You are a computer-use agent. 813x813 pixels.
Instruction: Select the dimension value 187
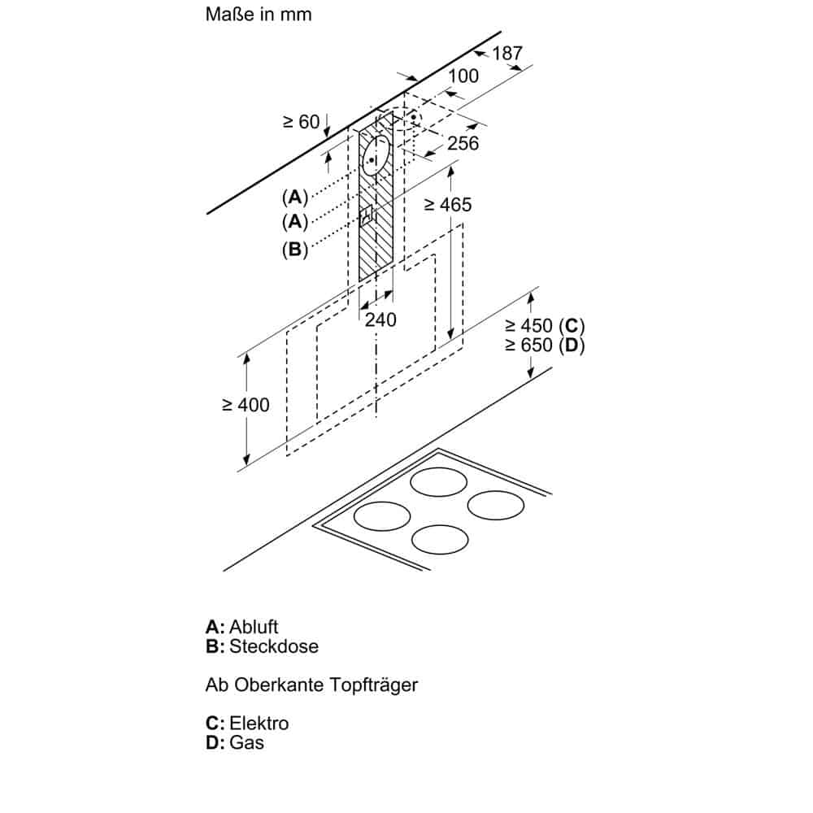click(507, 54)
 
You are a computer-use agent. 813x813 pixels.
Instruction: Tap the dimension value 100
click(463, 76)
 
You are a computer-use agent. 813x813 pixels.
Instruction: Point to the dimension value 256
click(463, 143)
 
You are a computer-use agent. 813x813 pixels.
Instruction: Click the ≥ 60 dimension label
click(301, 122)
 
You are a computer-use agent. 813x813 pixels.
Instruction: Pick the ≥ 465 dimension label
click(447, 205)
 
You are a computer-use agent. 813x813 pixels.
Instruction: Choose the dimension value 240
click(380, 320)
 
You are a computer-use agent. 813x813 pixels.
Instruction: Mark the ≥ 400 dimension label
click(246, 404)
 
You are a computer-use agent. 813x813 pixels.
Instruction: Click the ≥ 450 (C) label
click(544, 326)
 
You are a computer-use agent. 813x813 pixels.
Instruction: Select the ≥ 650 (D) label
click(544, 345)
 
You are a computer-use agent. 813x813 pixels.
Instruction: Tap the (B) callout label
click(295, 250)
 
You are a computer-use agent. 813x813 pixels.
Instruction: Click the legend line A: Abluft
click(242, 627)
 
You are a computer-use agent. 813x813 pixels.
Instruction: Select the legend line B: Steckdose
click(262, 646)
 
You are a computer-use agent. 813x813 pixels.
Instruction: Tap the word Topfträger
click(373, 685)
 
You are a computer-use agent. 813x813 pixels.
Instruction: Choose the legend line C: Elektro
click(247, 723)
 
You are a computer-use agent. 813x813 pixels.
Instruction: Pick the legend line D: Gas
click(235, 742)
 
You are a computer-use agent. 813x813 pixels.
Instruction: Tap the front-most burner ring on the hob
click(439, 539)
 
